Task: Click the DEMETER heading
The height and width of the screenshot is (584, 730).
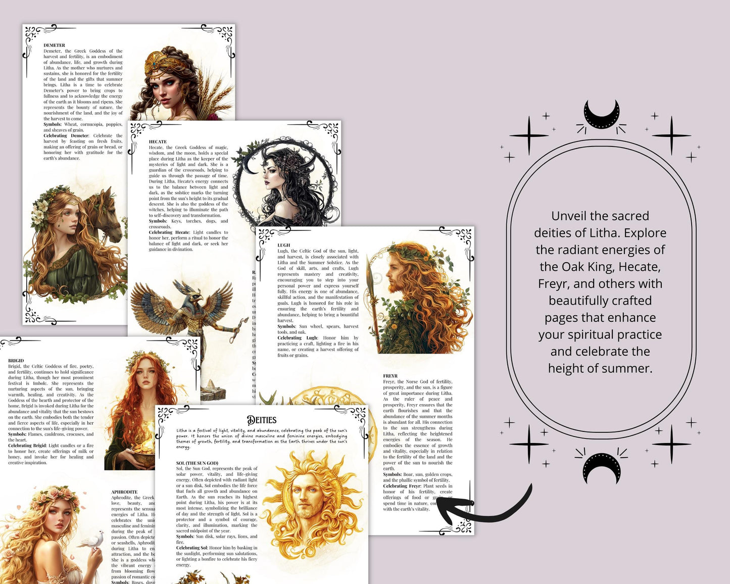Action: click(x=54, y=45)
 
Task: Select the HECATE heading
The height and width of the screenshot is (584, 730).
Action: click(x=158, y=142)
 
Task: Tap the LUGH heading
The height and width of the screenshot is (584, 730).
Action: click(x=283, y=245)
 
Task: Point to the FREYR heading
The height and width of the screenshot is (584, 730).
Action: click(x=390, y=376)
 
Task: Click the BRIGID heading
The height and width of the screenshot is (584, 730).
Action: click(x=16, y=361)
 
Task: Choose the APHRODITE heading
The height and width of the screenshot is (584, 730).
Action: click(x=124, y=492)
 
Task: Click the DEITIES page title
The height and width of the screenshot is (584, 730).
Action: click(x=262, y=420)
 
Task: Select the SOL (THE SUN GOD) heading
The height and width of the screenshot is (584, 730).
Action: click(x=197, y=463)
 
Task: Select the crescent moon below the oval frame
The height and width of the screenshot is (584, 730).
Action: click(x=601, y=467)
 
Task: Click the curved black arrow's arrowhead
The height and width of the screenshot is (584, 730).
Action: click(x=445, y=507)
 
